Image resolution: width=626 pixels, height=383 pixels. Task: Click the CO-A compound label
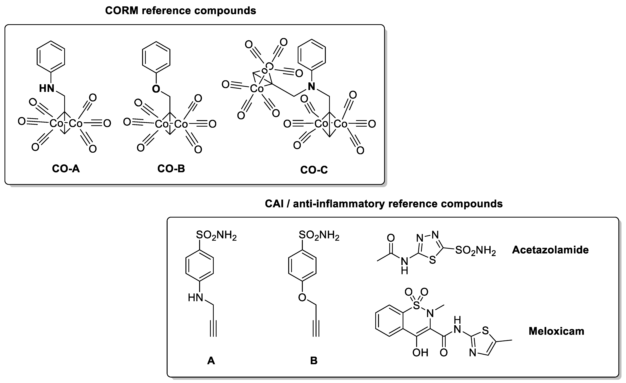coord(66,169)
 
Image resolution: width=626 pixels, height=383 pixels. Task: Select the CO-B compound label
coord(171,169)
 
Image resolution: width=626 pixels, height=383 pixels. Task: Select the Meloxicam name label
coord(556,331)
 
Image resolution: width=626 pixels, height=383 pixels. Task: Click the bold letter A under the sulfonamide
coord(211,360)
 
